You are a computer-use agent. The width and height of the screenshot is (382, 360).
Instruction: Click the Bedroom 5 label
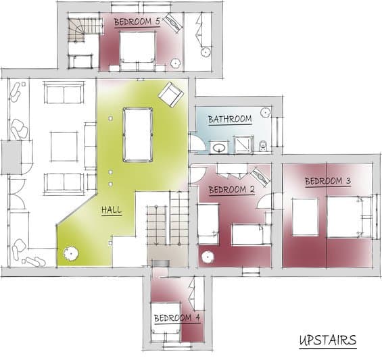pos(137,22)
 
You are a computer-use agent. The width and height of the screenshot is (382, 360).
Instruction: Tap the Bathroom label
pos(230,120)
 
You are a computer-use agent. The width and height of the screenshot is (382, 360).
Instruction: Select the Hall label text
pos(112,210)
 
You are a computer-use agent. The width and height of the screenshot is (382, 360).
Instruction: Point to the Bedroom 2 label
pos(232,190)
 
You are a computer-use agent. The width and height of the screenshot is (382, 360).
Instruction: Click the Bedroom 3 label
pos(328,181)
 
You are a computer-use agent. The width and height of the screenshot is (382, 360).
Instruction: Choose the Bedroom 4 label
pos(177,318)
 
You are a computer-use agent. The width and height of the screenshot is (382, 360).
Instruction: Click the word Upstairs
pos(328,340)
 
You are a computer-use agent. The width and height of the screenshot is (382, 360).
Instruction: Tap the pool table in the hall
pos(138,134)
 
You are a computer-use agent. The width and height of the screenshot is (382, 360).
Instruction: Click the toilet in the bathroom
pos(263,146)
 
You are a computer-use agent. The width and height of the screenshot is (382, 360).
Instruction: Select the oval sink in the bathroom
pos(219,147)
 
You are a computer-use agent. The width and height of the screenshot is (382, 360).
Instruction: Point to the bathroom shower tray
pos(243,145)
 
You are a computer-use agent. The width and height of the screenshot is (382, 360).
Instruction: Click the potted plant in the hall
pos(71,253)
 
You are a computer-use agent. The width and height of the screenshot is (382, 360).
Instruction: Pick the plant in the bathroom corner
pos(265,112)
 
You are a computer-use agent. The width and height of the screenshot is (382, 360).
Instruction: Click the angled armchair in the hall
pos(171,95)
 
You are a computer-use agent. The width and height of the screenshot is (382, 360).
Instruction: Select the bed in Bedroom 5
pos(137,50)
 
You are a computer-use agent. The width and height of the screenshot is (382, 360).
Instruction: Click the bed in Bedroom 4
pos(166,322)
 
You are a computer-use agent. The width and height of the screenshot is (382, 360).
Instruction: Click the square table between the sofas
pos(64,147)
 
